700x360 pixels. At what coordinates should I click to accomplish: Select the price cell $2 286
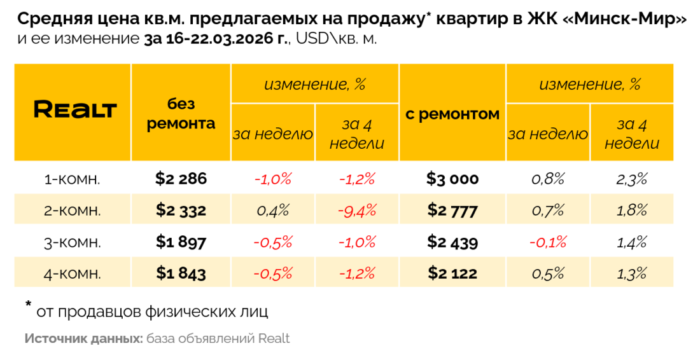tap(181, 179)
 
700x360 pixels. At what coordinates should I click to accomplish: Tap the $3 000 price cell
tap(452, 179)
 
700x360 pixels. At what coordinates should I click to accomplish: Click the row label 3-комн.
tap(72, 242)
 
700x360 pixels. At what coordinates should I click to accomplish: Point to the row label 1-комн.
tap(72, 179)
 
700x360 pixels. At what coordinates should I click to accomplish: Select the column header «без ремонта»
tap(181, 114)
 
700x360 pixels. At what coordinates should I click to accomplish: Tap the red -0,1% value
tap(548, 242)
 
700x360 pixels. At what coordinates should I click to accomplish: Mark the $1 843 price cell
tap(181, 273)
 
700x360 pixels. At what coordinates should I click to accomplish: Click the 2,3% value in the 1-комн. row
tap(631, 179)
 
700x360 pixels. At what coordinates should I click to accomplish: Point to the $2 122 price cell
tap(452, 273)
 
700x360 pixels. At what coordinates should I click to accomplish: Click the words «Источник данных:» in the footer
tap(83, 338)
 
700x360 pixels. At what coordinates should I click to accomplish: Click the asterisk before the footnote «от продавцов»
tap(29, 306)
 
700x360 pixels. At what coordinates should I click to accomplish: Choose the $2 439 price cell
tap(452, 242)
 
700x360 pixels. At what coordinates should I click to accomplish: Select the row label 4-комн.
tap(72, 274)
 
